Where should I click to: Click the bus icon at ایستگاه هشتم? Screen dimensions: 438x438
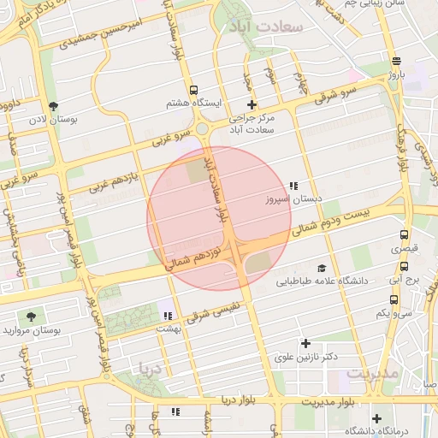pos(194,89)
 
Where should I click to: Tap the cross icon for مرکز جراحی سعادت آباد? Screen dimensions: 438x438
pos(251,105)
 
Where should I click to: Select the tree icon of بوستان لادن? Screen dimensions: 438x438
pos(54,106)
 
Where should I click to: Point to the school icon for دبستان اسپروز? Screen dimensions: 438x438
pos(294,186)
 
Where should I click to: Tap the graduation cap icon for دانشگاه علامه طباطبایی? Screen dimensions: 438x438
pos(322,268)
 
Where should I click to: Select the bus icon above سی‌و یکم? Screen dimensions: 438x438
pos(394,300)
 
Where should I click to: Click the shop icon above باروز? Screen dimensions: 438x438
pos(395,61)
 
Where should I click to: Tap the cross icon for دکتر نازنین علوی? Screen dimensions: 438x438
pos(305,343)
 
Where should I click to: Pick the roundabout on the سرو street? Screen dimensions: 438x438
pos(204,129)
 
